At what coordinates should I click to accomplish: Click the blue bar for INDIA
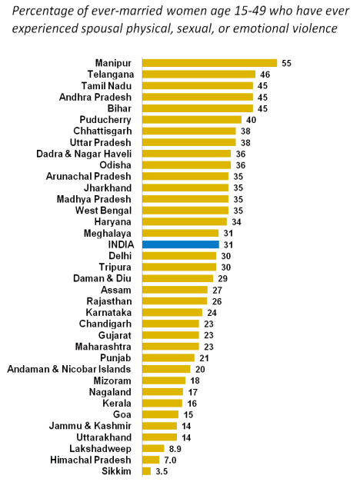coord(181,244)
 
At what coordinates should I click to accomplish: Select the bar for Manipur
coord(210,63)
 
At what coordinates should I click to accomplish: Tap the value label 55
coord(286,63)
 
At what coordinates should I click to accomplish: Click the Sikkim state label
coord(116,471)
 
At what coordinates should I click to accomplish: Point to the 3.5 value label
coord(162,471)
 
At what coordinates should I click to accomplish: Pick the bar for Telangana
coord(199,75)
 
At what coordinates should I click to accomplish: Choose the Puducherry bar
coord(192,120)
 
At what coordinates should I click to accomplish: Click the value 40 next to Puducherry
coord(251,120)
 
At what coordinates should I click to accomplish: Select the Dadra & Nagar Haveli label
coord(84,154)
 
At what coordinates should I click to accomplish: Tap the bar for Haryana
coord(185,222)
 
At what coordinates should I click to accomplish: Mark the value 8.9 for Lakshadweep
coord(175,449)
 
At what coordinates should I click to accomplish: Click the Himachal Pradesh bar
coord(151,460)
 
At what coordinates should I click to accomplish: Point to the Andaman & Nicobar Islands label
coord(69,369)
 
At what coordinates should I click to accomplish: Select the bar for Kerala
coord(162,404)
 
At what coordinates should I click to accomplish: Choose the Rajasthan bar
coord(175,301)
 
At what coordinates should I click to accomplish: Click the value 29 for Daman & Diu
coord(222,279)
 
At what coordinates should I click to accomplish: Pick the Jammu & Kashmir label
coord(90,426)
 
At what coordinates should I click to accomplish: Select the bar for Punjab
coord(168,358)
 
